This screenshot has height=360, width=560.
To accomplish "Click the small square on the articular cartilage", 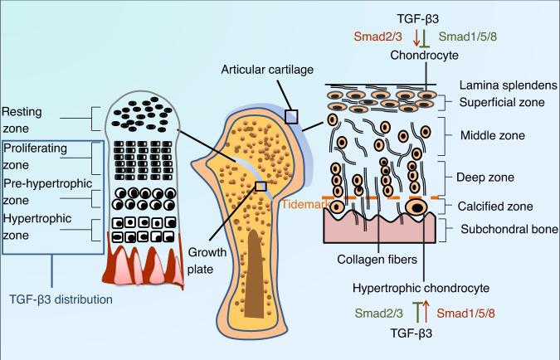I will pyautogui.click(x=290, y=116).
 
